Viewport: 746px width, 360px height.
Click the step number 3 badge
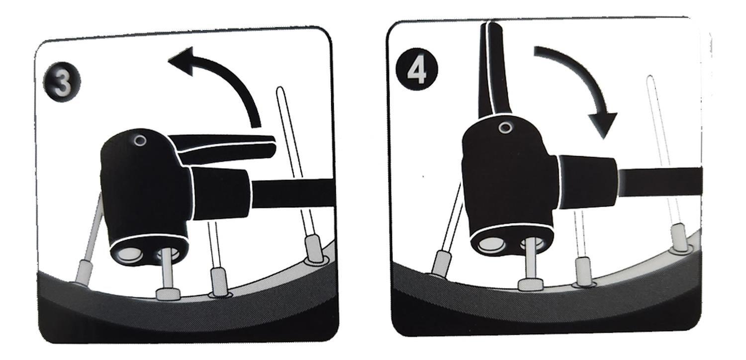tap(62, 83)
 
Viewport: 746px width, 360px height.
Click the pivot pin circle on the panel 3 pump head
tap(140, 141)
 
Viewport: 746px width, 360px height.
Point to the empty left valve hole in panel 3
tap(129, 255)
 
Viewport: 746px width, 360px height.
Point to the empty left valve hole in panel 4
tap(492, 245)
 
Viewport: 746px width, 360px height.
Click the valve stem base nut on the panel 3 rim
tap(169, 294)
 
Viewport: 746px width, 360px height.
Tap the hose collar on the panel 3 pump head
tap(220, 193)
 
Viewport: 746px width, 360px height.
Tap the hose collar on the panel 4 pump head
tap(587, 182)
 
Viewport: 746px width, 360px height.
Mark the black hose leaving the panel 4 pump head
tap(661, 182)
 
